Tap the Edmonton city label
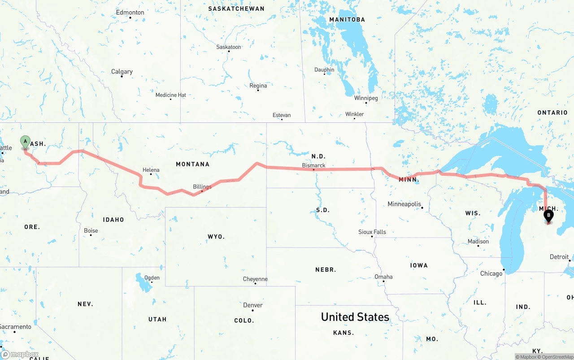click(x=130, y=13)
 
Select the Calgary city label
click(x=122, y=72)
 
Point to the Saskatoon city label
click(x=229, y=47)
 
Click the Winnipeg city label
click(x=366, y=98)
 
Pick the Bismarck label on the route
click(x=313, y=165)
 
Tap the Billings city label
click(x=202, y=187)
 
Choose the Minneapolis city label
click(x=404, y=204)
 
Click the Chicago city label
click(x=491, y=273)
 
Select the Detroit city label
click(x=559, y=257)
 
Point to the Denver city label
click(x=253, y=305)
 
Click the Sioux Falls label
click(x=372, y=232)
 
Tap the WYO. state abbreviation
click(x=216, y=236)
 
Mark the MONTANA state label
click(x=192, y=164)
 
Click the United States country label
click(x=355, y=317)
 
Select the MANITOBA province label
click(x=347, y=20)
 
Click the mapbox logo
click(x=20, y=355)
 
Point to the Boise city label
click(x=91, y=231)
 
